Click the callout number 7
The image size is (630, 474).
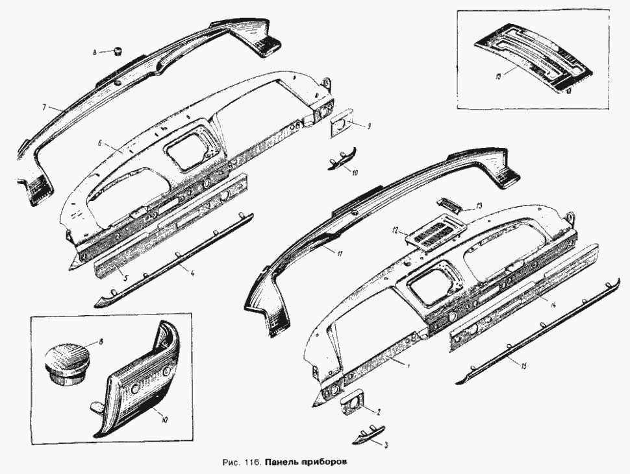[44, 108]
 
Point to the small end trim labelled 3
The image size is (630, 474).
[368, 436]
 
